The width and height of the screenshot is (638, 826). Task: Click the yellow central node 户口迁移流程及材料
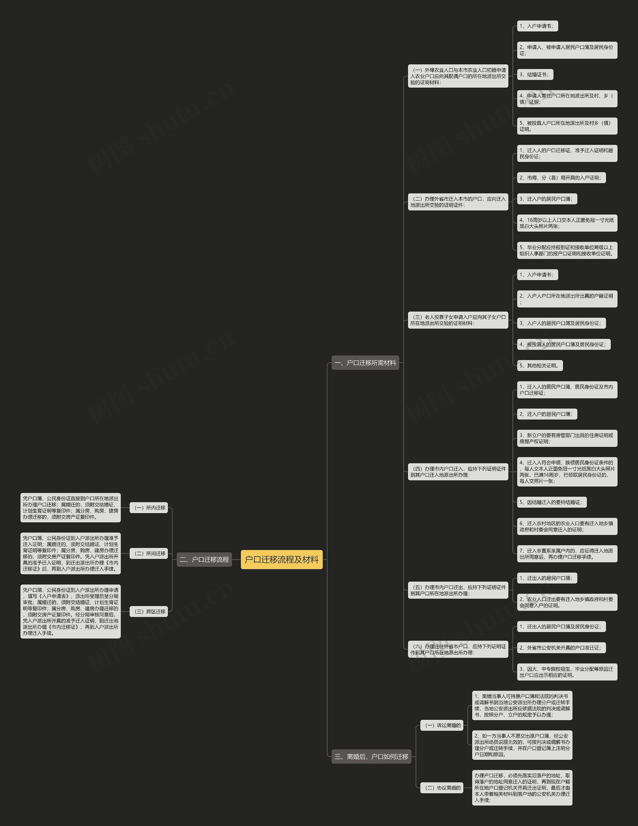281,559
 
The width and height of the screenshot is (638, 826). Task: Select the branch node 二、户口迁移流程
204,559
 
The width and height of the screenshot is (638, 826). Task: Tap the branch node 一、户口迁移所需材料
365,363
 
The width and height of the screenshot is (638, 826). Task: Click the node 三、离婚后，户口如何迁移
371,756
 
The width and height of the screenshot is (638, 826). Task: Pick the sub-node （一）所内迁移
149,508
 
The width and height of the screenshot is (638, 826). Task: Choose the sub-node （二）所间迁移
149,553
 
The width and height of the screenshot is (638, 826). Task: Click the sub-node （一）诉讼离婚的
442,725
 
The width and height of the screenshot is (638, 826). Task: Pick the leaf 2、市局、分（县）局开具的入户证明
561,178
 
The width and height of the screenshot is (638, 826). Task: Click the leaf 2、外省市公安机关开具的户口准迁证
561,648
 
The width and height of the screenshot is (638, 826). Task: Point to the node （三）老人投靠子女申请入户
458,320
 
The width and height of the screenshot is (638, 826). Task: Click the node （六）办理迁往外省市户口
458,649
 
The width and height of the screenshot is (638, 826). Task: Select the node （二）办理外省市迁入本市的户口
458,202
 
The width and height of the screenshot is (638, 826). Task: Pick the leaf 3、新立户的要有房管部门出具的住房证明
567,438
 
